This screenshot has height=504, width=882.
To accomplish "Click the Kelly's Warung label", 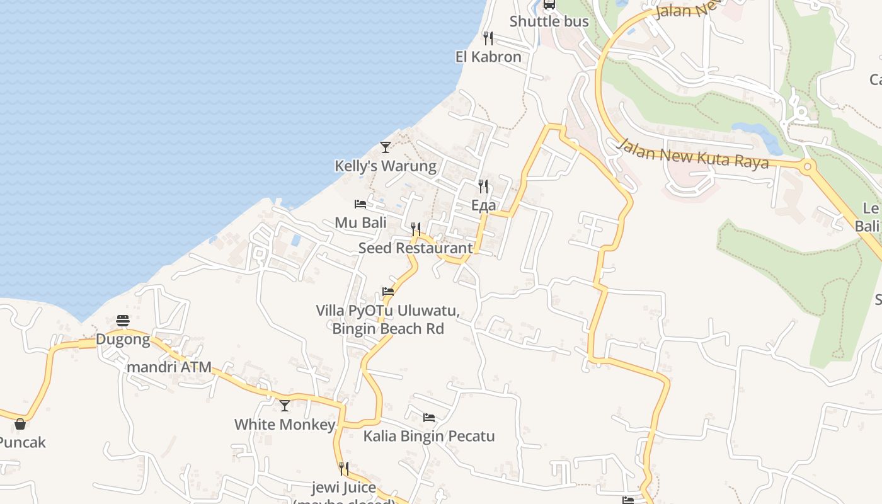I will (385, 166).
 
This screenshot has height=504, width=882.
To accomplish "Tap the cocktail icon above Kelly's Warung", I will (386, 147).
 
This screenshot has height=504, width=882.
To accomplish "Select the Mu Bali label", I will (361, 222).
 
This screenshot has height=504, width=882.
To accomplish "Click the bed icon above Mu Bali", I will (360, 204).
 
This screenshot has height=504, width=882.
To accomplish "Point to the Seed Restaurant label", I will (415, 248).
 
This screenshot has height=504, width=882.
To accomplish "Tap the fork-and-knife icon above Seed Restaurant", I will (416, 229).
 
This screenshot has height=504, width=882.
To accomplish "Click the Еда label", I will (483, 205).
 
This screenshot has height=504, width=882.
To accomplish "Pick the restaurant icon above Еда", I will (483, 186).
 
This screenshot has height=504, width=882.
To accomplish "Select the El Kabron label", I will (488, 57).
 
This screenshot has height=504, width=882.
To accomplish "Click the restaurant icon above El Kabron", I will (488, 38).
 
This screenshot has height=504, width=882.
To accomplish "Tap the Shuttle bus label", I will (549, 21).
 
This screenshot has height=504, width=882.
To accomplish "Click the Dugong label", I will (123, 340).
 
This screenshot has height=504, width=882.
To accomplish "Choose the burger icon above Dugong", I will (123, 321).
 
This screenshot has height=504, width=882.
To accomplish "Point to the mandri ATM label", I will (169, 367).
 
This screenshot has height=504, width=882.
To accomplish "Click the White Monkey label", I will (285, 425).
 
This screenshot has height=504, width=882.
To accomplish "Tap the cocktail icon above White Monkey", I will (285, 406).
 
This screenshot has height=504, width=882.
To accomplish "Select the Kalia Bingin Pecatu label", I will (429, 436).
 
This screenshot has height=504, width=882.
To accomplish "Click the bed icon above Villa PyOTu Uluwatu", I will (388, 292).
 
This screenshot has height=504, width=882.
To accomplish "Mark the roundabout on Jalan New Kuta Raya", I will (807, 168).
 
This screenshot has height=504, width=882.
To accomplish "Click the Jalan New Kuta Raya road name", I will (693, 154).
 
